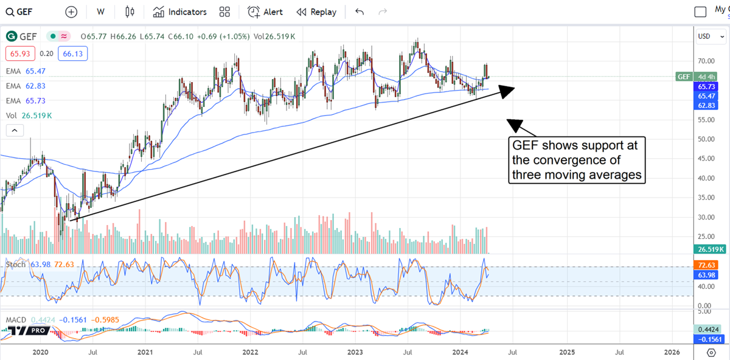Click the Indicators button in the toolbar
pyautogui.click(x=180, y=12)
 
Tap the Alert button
pyautogui.click(x=265, y=12)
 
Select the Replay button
pyautogui.click(x=316, y=12)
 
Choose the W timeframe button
pyautogui.click(x=100, y=12)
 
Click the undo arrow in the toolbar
pyautogui.click(x=360, y=12)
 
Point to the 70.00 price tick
pyautogui.click(x=706, y=61)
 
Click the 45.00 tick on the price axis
pyautogui.click(x=706, y=159)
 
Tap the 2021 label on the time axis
pyautogui.click(x=145, y=352)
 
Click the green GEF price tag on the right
pyautogui.click(x=683, y=77)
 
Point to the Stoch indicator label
pyautogui.click(x=16, y=265)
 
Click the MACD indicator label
pyautogui.click(x=16, y=320)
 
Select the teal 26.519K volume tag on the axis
pyautogui.click(x=709, y=249)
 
